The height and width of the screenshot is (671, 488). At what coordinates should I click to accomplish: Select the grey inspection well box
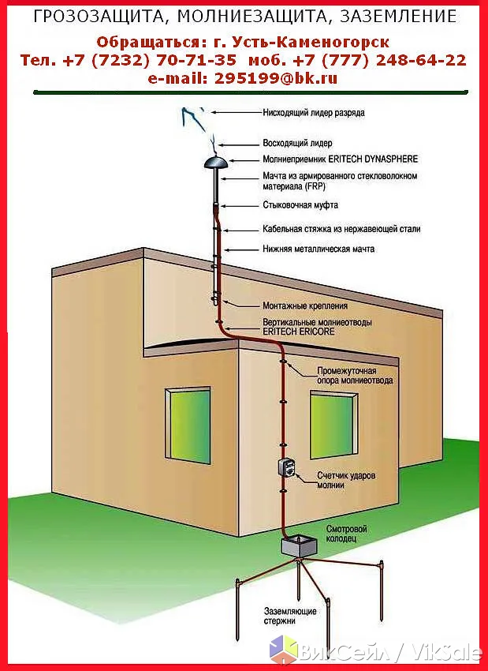click(299, 548)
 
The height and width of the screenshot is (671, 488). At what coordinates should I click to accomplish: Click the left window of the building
click(188, 425)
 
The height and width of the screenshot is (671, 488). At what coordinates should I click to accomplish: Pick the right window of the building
click(333, 425)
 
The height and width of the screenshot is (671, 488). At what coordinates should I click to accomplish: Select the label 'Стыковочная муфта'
click(300, 205)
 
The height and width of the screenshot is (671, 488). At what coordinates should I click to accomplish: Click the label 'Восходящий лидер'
click(297, 144)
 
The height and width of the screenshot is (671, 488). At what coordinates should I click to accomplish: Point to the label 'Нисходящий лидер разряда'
click(314, 113)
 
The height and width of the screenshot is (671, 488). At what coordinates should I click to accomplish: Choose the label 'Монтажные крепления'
click(305, 306)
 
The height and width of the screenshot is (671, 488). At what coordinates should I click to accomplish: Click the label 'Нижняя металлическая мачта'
click(319, 249)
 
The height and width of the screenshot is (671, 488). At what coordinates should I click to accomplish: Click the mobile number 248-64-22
click(421, 60)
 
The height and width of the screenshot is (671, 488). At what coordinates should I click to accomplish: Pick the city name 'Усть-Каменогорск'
click(311, 43)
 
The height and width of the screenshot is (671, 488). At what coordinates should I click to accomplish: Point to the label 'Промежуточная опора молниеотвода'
click(355, 375)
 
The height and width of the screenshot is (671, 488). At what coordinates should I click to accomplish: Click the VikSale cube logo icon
click(283, 649)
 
